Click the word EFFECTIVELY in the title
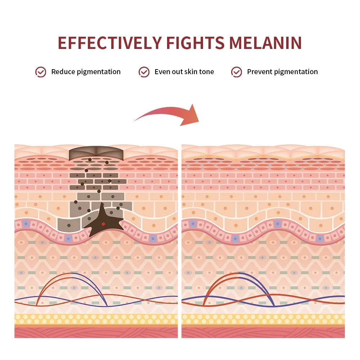point(110,43)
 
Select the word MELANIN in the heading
point(265,43)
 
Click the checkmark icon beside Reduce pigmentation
point(41,72)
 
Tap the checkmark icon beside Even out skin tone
point(144,72)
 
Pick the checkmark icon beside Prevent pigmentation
point(237,72)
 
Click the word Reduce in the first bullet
point(63,72)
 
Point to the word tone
point(206,72)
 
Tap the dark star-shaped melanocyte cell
point(104,222)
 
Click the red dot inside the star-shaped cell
point(103,224)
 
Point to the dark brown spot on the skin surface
point(96,153)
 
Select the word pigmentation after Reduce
point(99,72)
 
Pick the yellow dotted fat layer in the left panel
point(96,319)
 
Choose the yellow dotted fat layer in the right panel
point(263,319)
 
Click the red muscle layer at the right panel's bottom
point(263,332)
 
